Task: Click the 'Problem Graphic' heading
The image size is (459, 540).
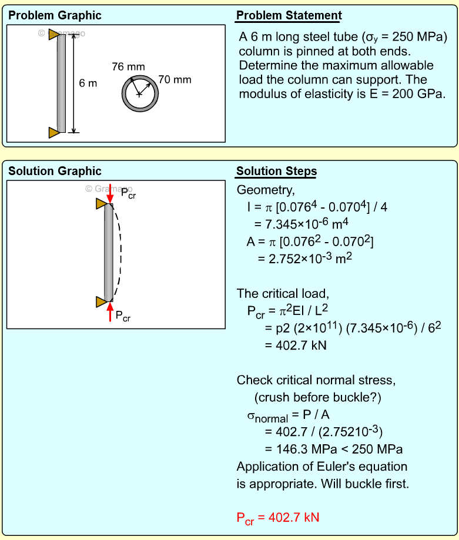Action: click(x=54, y=16)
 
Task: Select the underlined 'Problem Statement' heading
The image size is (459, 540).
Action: click(x=289, y=16)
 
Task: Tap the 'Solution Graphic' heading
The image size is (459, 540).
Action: click(x=54, y=172)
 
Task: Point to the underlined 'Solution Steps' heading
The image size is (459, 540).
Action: click(x=276, y=172)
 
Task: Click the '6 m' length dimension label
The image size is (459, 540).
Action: click(x=88, y=83)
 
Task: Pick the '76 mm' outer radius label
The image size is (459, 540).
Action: click(x=128, y=67)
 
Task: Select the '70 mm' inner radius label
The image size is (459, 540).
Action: click(x=175, y=80)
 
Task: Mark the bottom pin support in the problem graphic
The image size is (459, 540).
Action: click(x=54, y=132)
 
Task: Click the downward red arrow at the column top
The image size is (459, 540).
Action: click(x=110, y=193)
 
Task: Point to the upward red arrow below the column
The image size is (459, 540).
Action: click(x=110, y=312)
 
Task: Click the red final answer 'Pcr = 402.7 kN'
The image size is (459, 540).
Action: click(x=277, y=518)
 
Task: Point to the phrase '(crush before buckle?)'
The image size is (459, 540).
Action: click(x=318, y=398)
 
